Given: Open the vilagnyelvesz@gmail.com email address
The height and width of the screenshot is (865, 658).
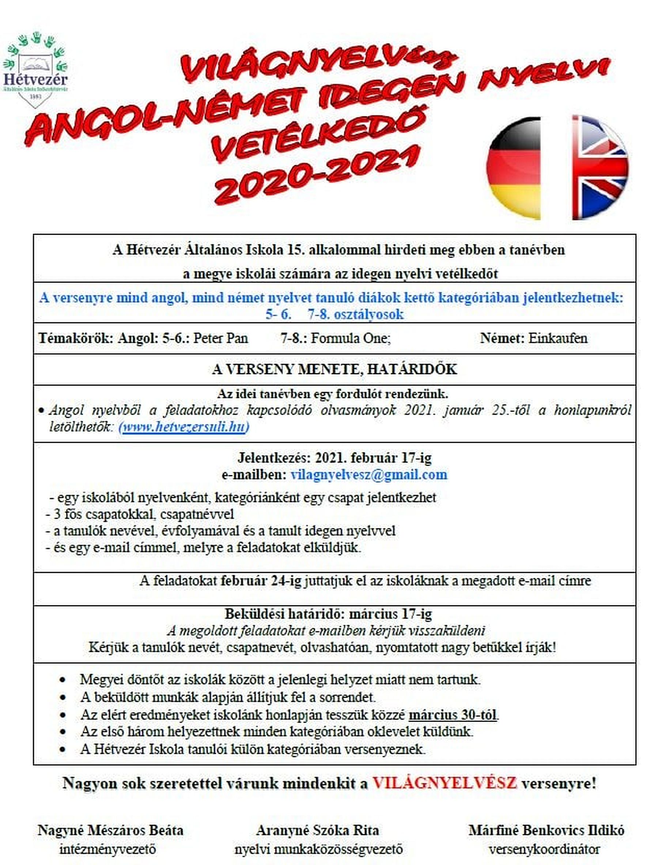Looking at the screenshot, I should [368, 475].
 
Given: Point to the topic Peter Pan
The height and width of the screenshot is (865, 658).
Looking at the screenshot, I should [221, 339].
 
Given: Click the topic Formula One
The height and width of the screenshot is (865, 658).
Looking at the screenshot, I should [351, 339].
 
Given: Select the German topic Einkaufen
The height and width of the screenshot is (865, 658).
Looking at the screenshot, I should [558, 339].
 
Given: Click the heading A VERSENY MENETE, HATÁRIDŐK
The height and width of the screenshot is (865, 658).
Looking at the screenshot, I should [334, 369].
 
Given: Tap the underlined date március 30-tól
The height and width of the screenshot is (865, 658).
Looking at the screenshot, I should [453, 715].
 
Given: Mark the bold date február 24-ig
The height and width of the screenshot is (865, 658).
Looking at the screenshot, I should [261, 581].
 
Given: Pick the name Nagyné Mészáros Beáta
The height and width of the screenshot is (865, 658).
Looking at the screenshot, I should [110, 830].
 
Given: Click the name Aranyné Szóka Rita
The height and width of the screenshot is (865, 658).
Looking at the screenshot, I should [318, 830].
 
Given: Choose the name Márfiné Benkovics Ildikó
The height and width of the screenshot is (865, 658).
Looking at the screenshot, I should [547, 830].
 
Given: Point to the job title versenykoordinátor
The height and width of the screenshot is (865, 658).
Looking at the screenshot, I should [544, 849].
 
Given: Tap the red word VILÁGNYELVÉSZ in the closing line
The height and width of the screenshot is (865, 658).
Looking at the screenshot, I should [445, 783].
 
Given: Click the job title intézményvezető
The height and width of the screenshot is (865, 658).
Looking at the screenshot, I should [108, 849].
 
